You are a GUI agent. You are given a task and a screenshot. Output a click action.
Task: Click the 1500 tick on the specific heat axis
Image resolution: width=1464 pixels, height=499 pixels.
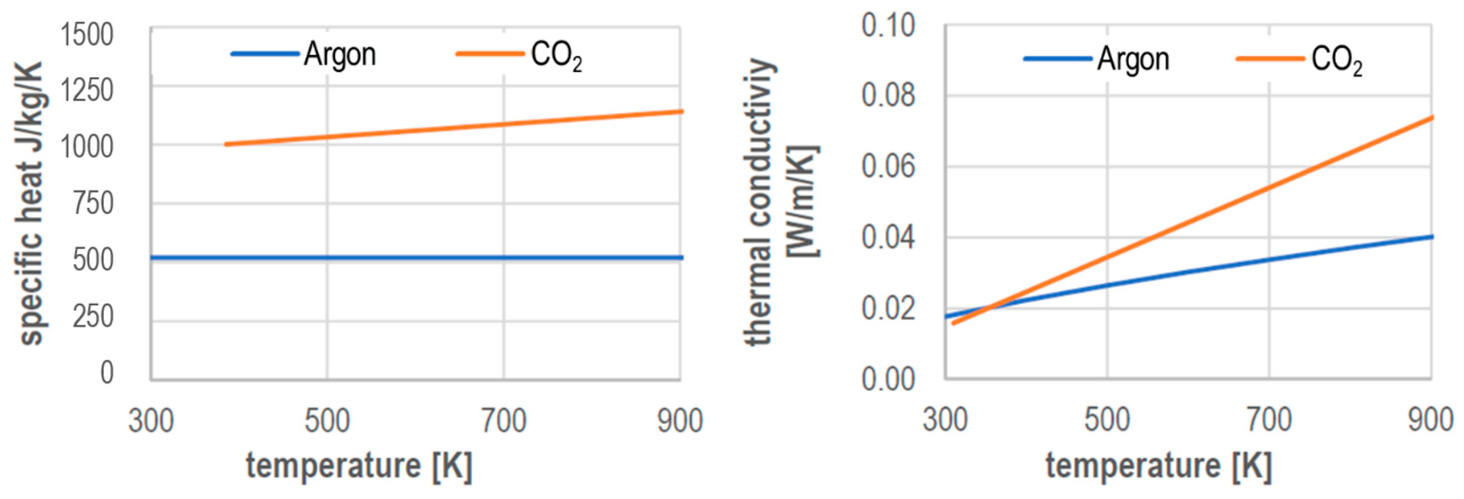point(87,35)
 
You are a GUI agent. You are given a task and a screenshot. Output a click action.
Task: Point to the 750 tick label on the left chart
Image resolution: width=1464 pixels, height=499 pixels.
point(93,203)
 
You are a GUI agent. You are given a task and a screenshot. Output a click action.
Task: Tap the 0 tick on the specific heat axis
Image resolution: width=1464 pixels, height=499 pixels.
point(107,372)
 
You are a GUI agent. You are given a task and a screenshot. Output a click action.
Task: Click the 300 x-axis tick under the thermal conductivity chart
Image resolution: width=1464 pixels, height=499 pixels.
point(945,420)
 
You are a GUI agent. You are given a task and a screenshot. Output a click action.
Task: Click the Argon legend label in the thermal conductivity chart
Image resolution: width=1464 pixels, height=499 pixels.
point(1133,59)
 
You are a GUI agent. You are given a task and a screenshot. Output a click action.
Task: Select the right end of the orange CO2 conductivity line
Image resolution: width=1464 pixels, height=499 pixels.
point(1432,117)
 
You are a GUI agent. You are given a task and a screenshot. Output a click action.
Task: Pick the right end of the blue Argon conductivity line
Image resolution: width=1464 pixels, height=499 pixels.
point(1432,236)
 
